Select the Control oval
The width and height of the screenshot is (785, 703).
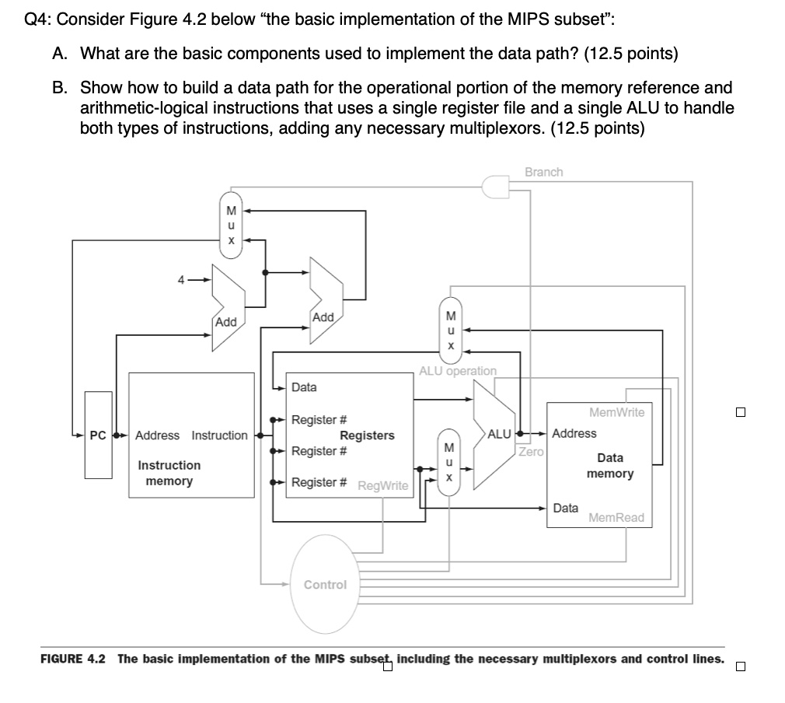(325, 584)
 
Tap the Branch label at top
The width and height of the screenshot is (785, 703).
(543, 172)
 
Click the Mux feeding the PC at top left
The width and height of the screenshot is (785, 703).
(230, 225)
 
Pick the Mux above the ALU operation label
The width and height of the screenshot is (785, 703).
(449, 330)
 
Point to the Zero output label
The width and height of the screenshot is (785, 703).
(531, 452)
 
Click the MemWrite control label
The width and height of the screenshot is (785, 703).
(617, 412)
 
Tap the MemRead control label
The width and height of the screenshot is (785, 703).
(616, 518)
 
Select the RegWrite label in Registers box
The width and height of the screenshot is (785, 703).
(382, 486)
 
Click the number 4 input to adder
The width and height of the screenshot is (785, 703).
(180, 280)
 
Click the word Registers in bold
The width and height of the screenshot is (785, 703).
(367, 435)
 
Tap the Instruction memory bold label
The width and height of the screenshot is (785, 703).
(169, 473)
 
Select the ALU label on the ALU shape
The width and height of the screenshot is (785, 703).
(499, 433)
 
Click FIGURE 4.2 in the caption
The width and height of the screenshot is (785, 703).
(72, 659)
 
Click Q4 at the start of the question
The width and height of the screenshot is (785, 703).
(36, 20)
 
